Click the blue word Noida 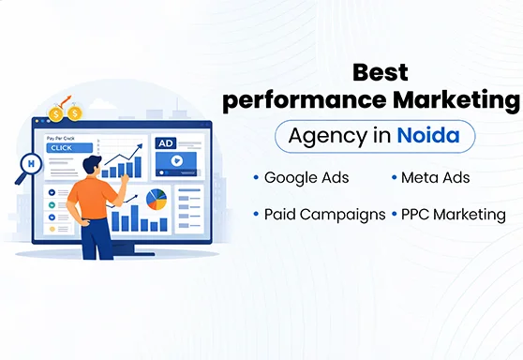pyautogui.click(x=427, y=136)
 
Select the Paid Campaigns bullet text pyautogui.click(x=324, y=214)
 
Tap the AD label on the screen pyautogui.click(x=166, y=143)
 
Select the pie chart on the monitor pyautogui.click(x=157, y=199)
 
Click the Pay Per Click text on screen pyautogui.click(x=60, y=137)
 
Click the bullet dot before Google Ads pyautogui.click(x=256, y=177)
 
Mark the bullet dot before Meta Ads pyautogui.click(x=392, y=177)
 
